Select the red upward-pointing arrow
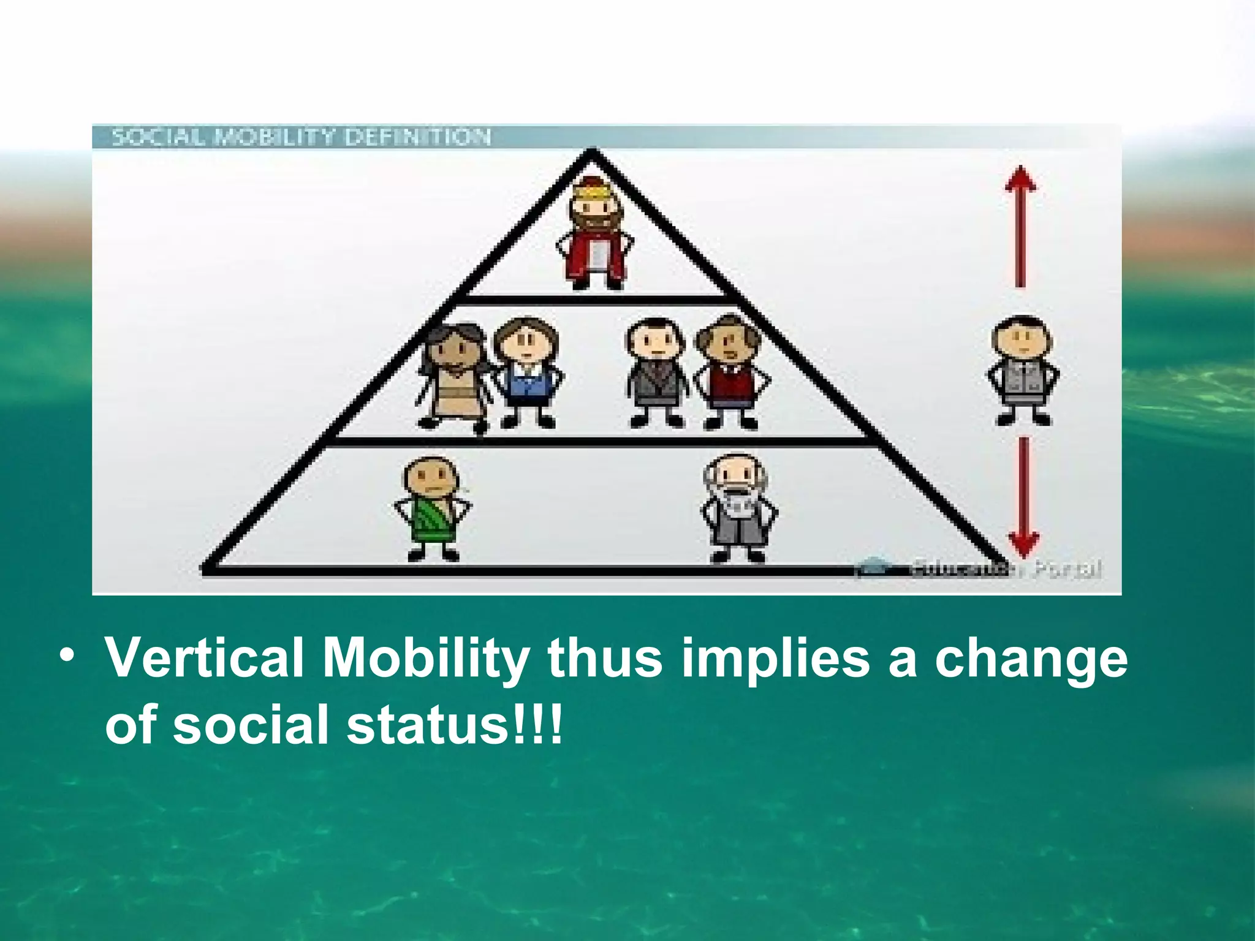(x=1020, y=227)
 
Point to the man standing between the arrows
(x=1023, y=371)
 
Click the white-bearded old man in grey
(x=738, y=508)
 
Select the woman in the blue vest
(x=528, y=374)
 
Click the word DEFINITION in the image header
(x=417, y=137)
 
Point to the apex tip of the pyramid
(x=591, y=151)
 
